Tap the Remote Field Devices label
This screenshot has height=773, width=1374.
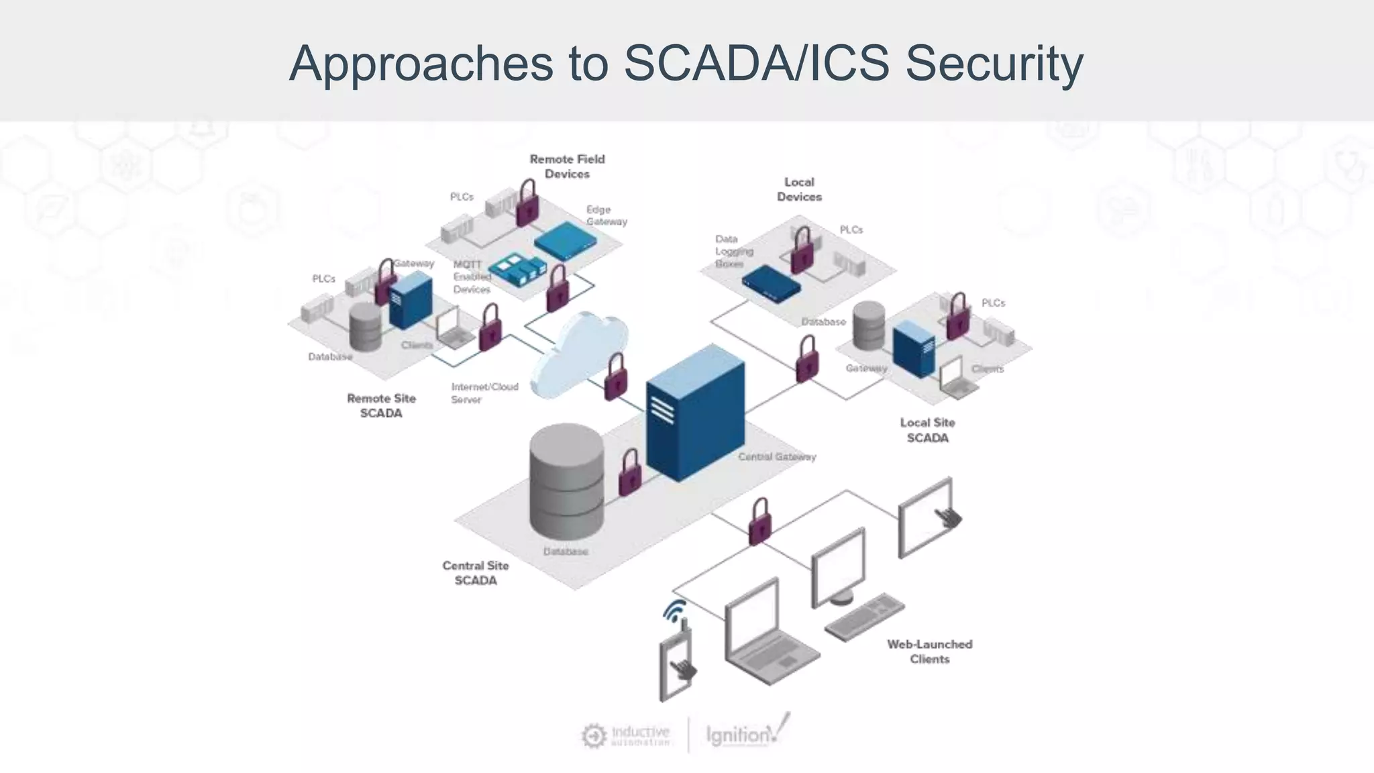(x=567, y=166)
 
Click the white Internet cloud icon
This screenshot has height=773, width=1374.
(x=578, y=356)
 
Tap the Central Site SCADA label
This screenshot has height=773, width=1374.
(x=476, y=573)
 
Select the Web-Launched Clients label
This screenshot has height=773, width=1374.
(x=929, y=651)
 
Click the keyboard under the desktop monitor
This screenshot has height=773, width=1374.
(x=864, y=616)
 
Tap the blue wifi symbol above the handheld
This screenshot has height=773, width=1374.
(x=675, y=611)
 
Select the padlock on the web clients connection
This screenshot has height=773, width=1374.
(x=759, y=521)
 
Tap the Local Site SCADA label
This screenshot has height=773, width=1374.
(x=927, y=430)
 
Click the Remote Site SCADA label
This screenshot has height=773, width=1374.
(x=381, y=406)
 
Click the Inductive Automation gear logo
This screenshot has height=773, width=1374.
(x=594, y=736)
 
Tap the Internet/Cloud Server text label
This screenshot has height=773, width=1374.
(x=484, y=393)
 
